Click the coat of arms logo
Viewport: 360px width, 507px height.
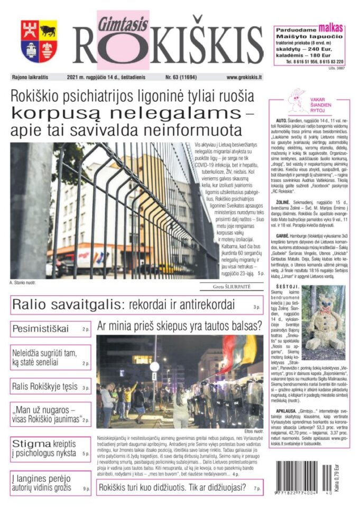[x=39, y=41]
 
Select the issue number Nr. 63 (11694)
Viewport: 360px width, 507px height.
[x=181, y=78]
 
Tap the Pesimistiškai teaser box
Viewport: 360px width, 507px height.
[x=51, y=329]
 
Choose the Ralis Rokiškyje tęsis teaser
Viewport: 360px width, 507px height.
[x=51, y=387]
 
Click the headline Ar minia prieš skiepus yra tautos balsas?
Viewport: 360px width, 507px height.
[x=180, y=324]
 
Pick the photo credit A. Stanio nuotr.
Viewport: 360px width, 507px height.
[x=23, y=283]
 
